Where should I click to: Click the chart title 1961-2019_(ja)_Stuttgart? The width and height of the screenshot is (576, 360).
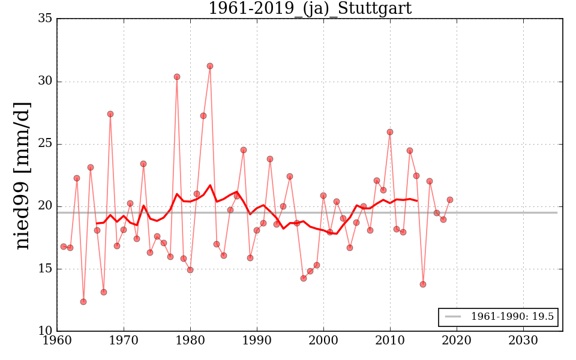310,8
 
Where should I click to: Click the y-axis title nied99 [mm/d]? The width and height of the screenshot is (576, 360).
22,175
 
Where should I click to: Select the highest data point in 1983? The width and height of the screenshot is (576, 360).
210,66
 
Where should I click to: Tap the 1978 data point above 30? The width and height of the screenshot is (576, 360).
177,77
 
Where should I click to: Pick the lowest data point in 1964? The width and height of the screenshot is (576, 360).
83,302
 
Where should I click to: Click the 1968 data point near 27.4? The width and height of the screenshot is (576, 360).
110,114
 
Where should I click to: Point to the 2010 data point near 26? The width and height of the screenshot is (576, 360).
390,132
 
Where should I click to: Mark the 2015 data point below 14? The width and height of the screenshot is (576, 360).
423,284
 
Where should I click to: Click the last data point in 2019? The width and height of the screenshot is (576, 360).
450,200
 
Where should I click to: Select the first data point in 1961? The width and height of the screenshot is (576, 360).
64,247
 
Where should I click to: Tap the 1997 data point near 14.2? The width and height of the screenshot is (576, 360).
304,278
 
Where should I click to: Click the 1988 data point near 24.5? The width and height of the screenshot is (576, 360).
244,150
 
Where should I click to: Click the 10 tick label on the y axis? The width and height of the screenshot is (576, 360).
45,331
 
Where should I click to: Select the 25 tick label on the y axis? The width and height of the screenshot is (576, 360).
45,144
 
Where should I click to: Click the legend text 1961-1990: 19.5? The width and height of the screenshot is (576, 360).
512,317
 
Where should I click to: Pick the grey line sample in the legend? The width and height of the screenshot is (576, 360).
453,317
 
